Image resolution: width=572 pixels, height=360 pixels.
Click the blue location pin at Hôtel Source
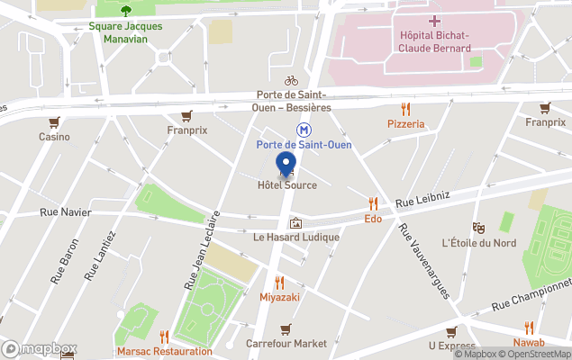[287, 164]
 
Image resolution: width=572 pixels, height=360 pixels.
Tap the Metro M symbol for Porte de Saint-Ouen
[305, 130]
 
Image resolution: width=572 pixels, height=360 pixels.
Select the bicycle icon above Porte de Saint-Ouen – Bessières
[291, 81]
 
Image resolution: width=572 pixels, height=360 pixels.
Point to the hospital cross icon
[435, 20]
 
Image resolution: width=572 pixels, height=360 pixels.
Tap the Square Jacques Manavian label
[125, 32]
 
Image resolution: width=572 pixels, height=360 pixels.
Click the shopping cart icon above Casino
[54, 122]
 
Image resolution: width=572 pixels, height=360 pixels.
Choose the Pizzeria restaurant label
[406, 123]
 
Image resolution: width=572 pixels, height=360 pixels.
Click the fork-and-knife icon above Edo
[373, 203]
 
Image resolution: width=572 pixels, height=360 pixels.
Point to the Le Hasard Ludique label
[295, 238]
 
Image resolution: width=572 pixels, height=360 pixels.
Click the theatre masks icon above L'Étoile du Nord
[478, 229]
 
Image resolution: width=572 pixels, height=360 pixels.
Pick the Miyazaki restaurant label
[278, 296]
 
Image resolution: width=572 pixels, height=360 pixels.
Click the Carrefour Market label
[286, 344]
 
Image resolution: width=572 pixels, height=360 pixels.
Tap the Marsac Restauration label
[164, 351]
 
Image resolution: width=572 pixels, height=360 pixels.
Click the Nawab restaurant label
[529, 344]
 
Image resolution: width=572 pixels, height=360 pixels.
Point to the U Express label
[451, 346]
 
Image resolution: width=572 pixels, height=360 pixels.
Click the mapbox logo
[40, 349]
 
